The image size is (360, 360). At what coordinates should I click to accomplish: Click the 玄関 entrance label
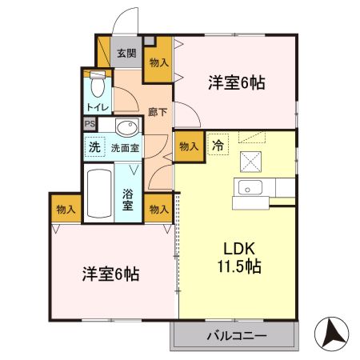(x=126, y=54)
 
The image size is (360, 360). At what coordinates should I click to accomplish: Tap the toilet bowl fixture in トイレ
(x=97, y=82)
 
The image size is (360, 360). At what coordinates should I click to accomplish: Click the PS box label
(x=90, y=125)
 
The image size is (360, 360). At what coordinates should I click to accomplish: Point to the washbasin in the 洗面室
(x=126, y=127)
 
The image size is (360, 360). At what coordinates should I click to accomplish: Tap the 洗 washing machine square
(x=94, y=147)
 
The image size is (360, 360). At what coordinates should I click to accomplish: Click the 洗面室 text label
(x=124, y=147)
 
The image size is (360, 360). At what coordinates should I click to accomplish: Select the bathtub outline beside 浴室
(x=99, y=194)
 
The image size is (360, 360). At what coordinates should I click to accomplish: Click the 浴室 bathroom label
(x=128, y=199)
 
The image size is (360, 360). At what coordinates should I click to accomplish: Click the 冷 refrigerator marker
(x=218, y=145)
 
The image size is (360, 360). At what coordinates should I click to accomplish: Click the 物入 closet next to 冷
(x=189, y=146)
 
